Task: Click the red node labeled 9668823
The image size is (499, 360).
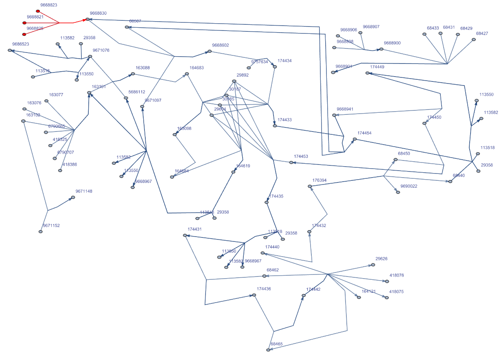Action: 38,11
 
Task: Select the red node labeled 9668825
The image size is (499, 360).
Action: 24,34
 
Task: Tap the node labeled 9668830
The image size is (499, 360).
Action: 87,19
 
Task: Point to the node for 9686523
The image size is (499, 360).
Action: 9,50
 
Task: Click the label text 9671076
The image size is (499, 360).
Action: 101,50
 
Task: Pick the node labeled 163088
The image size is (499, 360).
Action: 133,74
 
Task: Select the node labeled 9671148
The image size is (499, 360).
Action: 73,198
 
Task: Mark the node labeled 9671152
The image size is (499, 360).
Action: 40,232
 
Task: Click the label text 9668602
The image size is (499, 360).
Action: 220,46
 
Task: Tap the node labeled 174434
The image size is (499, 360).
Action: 275,66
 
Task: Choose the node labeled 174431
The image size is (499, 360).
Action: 185,235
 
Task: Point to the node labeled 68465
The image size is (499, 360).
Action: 268,350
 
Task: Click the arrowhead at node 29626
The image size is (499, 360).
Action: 372,265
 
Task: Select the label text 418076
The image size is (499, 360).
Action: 396,275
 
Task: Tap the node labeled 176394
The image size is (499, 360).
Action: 310,186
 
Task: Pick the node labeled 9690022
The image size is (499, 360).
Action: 398,192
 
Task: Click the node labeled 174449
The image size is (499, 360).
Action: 367,73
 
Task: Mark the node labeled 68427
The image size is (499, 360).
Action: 473,40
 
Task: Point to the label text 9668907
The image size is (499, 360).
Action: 371,27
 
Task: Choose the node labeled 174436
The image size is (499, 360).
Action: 254,295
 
